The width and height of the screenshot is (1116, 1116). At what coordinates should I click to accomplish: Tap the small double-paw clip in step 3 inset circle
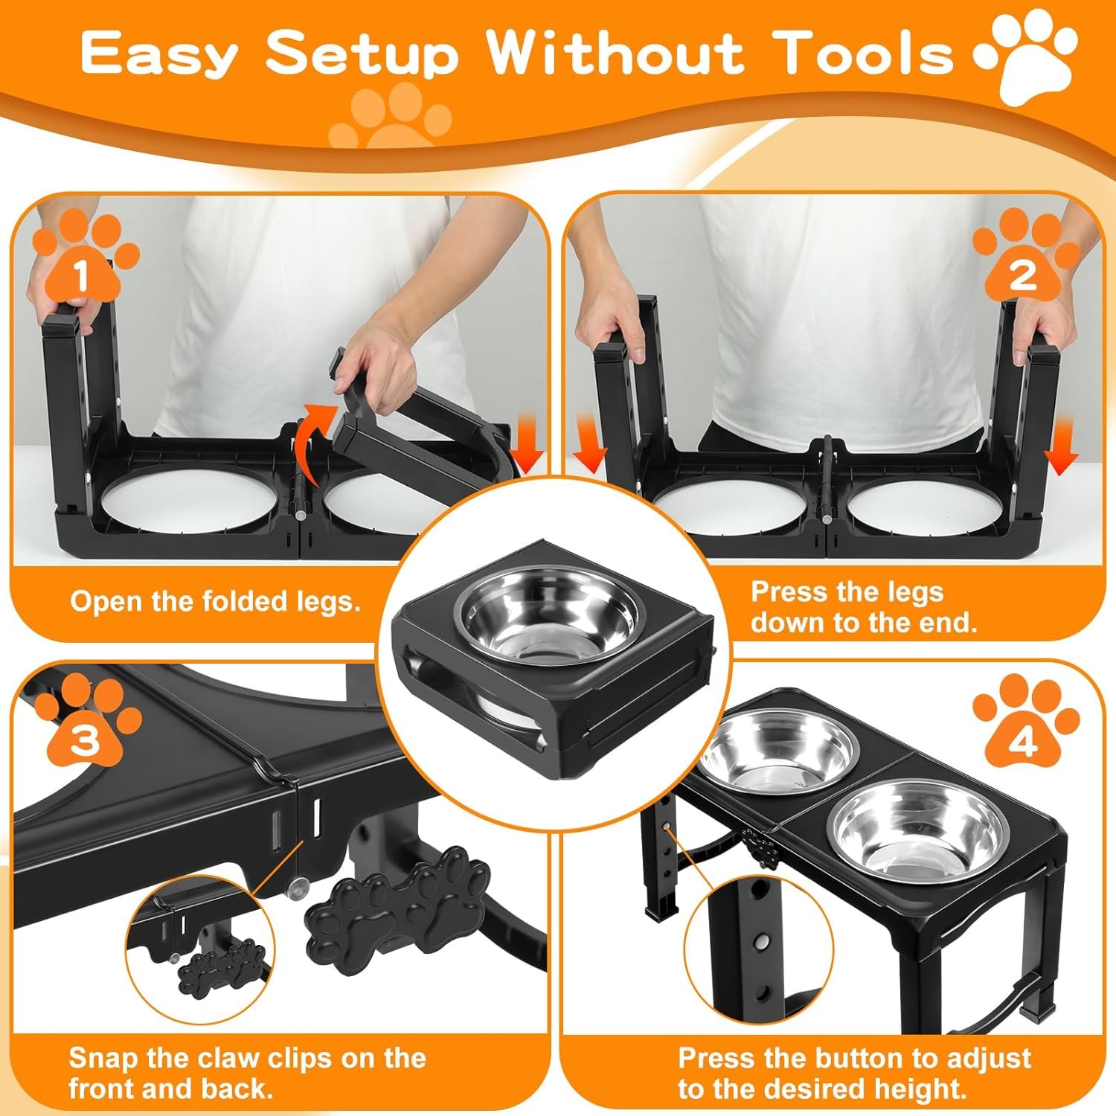tap(216, 968)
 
